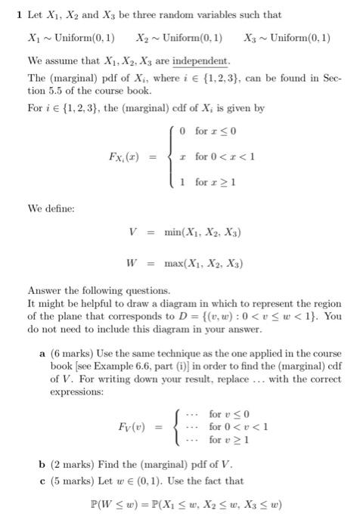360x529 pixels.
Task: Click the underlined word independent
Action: click(x=203, y=60)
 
